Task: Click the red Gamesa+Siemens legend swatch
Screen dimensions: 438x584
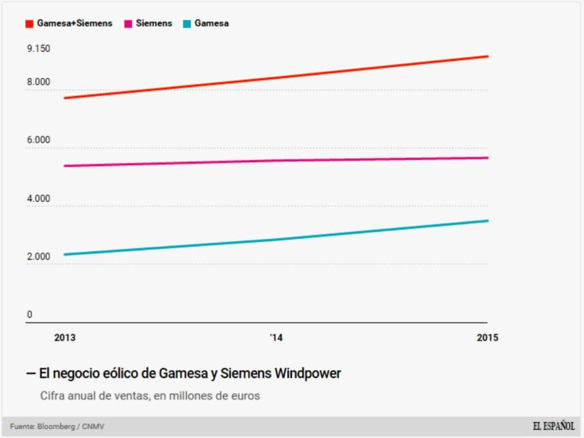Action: (x=30, y=24)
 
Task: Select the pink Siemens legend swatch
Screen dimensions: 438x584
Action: (x=128, y=24)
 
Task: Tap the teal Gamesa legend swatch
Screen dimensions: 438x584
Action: (x=187, y=24)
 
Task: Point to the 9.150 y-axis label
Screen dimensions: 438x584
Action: (x=38, y=49)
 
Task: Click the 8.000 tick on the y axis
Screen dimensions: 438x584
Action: (x=38, y=82)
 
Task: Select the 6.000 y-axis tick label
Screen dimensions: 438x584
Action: (x=38, y=140)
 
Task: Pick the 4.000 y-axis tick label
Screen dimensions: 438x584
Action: (x=38, y=198)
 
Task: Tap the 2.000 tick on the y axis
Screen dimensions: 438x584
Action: (x=38, y=257)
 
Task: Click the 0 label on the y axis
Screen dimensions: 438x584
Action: (x=29, y=315)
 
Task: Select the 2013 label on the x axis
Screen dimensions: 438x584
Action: (x=64, y=337)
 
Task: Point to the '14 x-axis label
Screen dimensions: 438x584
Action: (x=276, y=337)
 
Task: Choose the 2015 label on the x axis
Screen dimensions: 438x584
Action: (x=487, y=337)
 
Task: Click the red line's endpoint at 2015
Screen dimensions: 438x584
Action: (x=488, y=56)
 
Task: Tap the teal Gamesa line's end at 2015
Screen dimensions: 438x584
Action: (x=488, y=220)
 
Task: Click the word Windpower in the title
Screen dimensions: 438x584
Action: (x=308, y=374)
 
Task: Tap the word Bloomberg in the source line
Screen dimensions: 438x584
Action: (x=58, y=427)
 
